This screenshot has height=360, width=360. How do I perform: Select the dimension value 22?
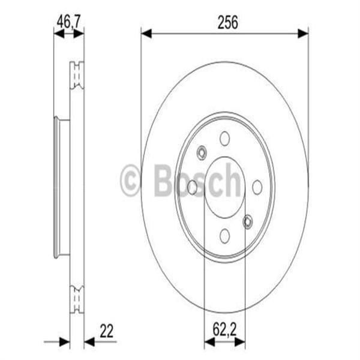tap(107, 330)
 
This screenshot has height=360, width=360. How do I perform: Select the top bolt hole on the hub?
tap(224, 139)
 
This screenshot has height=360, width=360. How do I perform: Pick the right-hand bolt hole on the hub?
tap(257, 187)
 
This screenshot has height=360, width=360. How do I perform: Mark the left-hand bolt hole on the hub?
tap(192, 187)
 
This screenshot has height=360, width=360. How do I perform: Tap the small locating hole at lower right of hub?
tap(247, 223)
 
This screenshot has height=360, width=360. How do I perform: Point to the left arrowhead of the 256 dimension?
tap(146, 34)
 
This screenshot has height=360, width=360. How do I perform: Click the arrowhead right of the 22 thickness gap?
tap(89, 342)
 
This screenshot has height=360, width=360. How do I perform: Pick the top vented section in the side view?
tap(76, 76)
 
